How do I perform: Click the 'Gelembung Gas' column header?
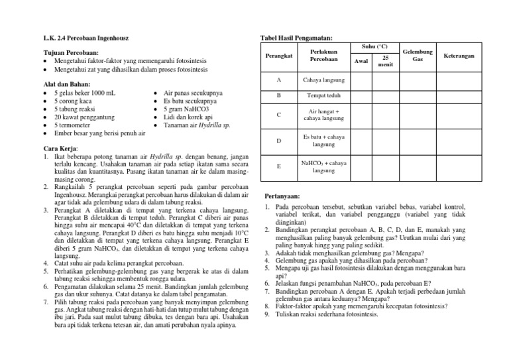(418, 56)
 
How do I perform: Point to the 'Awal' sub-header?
(361, 61)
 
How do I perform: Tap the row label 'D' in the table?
(278, 141)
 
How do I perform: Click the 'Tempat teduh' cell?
(320, 96)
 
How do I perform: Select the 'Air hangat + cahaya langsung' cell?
(320, 115)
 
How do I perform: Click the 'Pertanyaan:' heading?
(283, 197)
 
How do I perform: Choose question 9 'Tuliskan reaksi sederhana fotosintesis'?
(327, 314)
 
